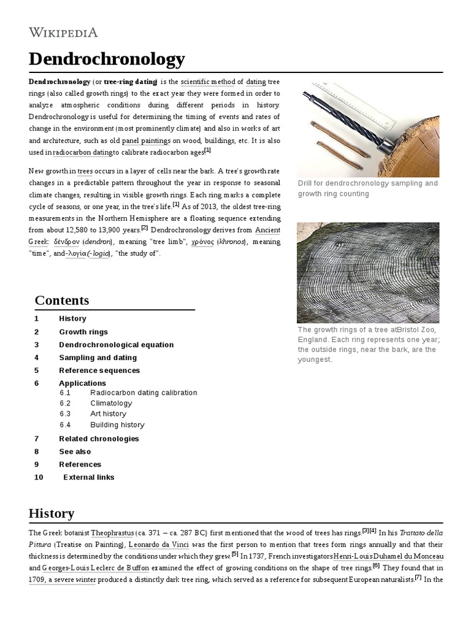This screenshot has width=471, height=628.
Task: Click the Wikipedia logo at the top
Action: pos(63,33)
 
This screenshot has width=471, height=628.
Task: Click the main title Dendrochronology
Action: pos(107,59)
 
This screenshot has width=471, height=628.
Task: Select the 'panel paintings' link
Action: pos(146,140)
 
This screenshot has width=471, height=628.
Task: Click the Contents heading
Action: pos(62,300)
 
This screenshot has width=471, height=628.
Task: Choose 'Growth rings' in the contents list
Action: pos(83,332)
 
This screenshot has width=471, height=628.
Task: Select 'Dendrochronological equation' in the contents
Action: pos(117,345)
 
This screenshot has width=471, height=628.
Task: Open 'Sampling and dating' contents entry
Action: pos(98,358)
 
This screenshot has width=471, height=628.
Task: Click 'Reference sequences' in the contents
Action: pos(99,370)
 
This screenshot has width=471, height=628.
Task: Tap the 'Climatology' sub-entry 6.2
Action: pos(111,403)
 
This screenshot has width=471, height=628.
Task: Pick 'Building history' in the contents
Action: pos(117,424)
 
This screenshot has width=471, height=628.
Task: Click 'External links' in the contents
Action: pos(89,477)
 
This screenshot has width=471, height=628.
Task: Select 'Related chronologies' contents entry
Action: pos(99,438)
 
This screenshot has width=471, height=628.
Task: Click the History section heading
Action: pos(52,513)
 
